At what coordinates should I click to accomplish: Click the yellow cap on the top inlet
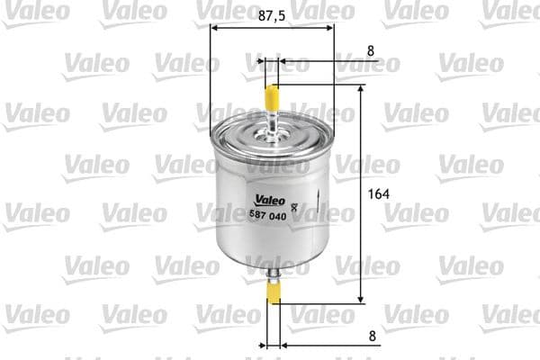tap(272, 94)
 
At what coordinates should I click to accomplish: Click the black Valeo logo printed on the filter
tap(267, 200)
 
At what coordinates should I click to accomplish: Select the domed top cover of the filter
tap(272, 134)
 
